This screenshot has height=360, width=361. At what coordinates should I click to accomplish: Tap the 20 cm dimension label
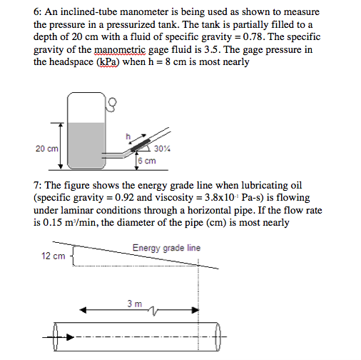[x=46, y=149]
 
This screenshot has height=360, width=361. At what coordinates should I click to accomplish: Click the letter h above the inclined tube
[x=128, y=135]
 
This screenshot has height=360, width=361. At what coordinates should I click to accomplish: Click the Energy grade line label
[x=166, y=248]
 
